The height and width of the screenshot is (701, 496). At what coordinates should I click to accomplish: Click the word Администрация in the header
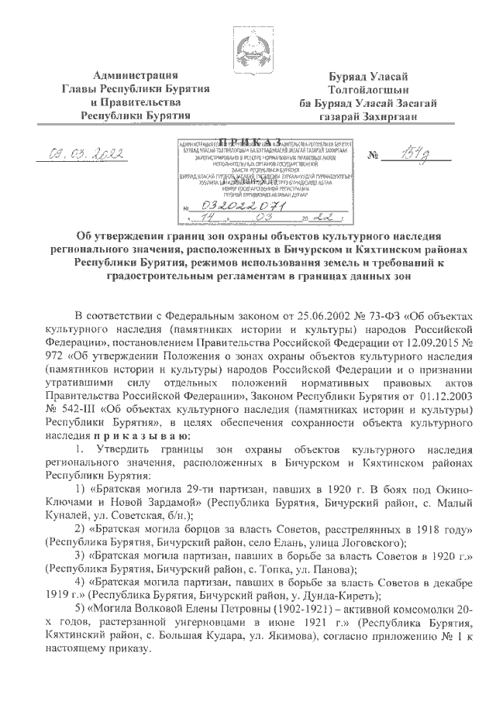coord(136,75)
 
